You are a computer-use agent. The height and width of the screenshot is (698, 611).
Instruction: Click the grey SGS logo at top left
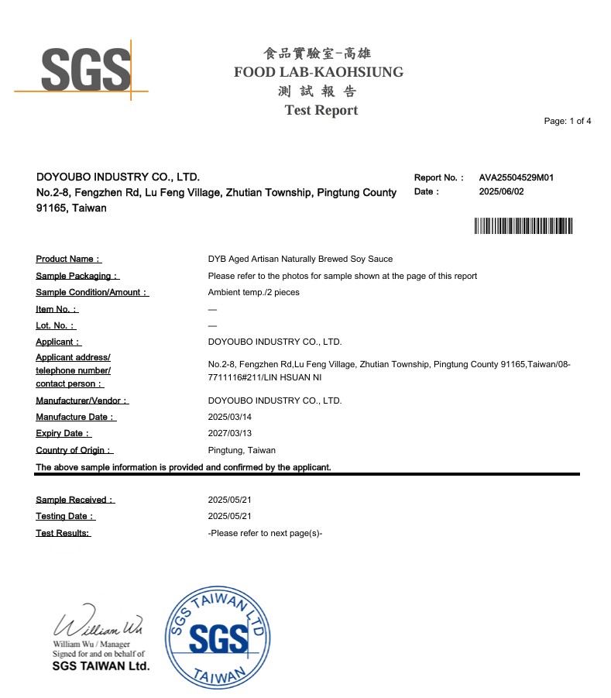pos(85,69)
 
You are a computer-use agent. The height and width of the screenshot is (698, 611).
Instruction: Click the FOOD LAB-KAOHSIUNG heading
pos(318,72)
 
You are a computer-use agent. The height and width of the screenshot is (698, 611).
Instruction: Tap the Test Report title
pos(321,110)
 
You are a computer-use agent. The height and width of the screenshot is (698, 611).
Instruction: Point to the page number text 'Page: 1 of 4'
pos(568,122)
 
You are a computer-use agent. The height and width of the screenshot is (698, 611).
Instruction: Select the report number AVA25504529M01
pos(516,177)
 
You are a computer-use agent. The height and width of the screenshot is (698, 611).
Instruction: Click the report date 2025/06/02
pos(501,191)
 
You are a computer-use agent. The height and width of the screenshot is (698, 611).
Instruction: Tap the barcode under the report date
pos(523,226)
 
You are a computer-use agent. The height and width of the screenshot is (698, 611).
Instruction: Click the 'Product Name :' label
pos(69,259)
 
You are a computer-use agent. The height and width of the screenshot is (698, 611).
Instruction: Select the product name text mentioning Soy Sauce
pos(300,259)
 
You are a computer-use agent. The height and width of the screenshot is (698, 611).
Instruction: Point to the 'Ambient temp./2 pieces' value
pos(253,292)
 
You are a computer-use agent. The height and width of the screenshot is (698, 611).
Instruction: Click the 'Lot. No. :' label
pos(56,325)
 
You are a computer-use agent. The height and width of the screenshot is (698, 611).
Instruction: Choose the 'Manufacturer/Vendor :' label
pos(82,401)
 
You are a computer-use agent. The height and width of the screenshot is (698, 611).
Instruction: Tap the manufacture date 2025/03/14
pos(230,417)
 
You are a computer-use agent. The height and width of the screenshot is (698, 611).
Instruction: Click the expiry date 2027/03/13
pos(230,434)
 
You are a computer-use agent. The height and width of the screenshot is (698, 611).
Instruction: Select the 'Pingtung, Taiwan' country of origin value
pos(242,450)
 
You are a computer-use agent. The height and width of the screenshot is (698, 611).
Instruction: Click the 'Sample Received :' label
pos(75,500)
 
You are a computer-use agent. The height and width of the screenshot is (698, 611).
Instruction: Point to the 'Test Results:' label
pos(63,533)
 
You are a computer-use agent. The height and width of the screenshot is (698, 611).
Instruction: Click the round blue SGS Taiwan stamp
pos(218,638)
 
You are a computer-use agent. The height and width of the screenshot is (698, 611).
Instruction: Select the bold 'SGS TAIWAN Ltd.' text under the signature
pos(101,666)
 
